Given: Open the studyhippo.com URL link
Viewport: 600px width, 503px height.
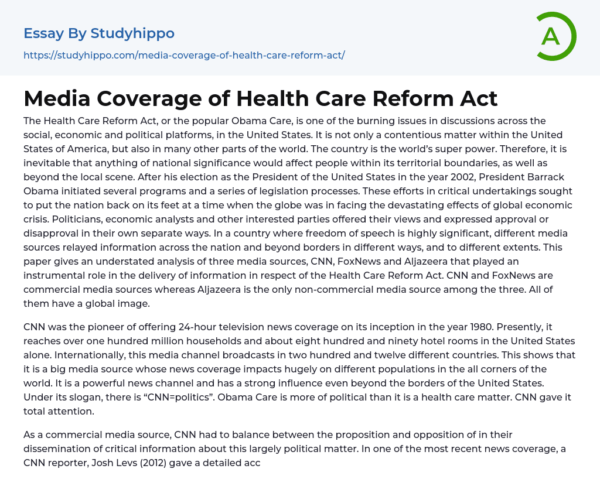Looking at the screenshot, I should click(184, 55).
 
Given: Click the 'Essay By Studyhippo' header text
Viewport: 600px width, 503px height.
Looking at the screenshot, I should click(99, 33).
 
